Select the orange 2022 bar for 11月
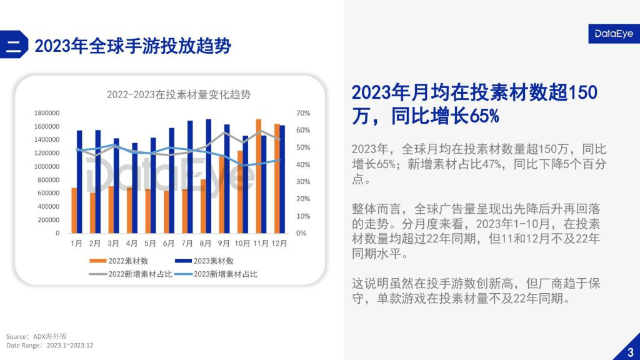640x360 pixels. tap(258, 176)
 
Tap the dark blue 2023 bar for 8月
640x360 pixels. tap(209, 176)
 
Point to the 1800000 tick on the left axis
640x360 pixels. tap(46, 113)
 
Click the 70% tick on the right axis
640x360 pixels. tap(303, 113)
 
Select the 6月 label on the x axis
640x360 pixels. tap(168, 244)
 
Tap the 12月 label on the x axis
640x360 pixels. tap(279, 244)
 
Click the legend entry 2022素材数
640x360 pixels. tap(122, 261)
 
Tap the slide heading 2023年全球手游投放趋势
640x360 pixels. tap(132, 46)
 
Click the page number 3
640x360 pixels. tap(630, 351)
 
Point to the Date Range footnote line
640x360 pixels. tap(50, 345)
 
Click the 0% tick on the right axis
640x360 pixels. tap(301, 233)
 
